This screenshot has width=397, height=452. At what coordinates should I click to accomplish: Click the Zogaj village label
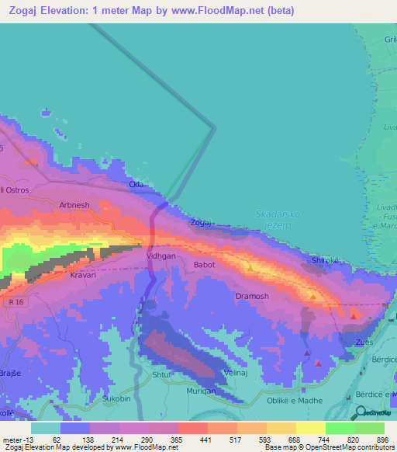(201, 223)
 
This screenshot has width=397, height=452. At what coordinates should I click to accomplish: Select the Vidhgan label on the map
(162, 254)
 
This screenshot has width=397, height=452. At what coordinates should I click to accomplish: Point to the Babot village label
(205, 264)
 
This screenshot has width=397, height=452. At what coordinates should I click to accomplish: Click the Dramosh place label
(252, 297)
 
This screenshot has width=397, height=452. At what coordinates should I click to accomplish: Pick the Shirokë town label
(325, 260)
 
